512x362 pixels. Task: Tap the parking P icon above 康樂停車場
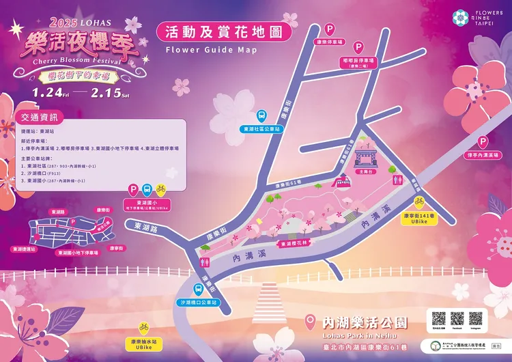pyautogui.click(x=330, y=30)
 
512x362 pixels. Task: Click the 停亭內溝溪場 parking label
pyautogui.click(x=482, y=156)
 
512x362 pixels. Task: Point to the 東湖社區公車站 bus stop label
pyautogui.click(x=261, y=128)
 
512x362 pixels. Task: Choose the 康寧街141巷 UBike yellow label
pyautogui.click(x=419, y=218)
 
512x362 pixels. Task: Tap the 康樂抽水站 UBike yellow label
pyautogui.click(x=143, y=344)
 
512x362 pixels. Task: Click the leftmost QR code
pyautogui.click(x=439, y=318)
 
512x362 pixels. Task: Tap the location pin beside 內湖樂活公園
pyautogui.click(x=311, y=321)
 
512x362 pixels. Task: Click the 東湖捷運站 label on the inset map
pyautogui.click(x=26, y=250)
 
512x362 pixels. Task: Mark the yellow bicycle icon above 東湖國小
pyautogui.click(x=160, y=188)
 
